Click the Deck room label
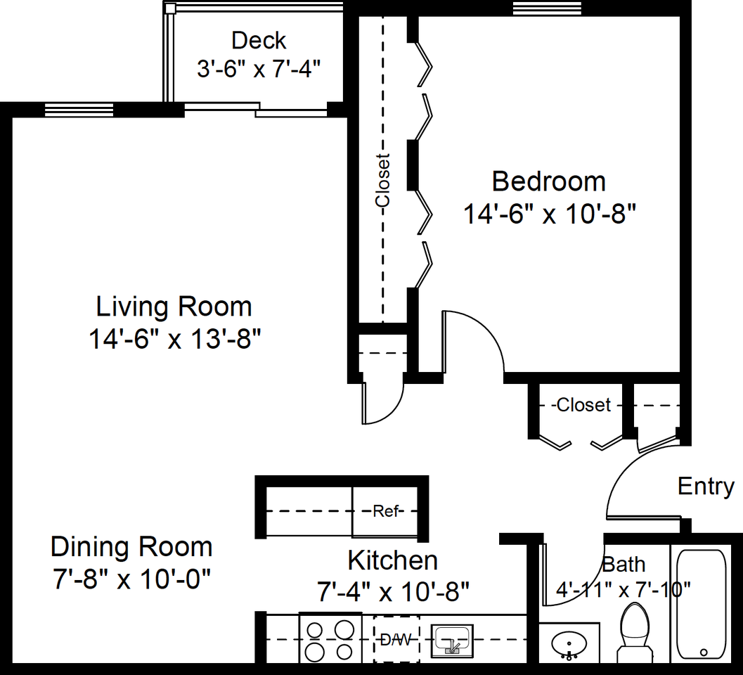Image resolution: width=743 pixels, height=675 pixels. point(259,41)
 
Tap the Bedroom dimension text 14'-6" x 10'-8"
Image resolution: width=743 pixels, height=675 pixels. point(549,214)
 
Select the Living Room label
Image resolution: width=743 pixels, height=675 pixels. point(174,307)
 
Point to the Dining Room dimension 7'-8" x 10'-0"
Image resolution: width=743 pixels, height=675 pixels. point(131,579)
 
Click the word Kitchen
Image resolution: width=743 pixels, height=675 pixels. point(393,561)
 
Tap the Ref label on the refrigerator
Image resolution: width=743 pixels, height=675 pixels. point(385,511)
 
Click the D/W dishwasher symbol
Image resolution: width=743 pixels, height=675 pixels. point(396,639)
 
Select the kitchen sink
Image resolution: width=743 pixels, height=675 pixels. point(452,641)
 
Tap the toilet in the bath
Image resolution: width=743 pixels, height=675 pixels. point(635,633)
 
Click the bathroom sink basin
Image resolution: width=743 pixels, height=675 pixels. point(569,644)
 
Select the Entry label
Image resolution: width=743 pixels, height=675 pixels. point(706,487)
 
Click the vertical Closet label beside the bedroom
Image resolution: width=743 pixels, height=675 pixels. point(382,180)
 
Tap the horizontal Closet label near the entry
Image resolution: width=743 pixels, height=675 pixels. point(583,405)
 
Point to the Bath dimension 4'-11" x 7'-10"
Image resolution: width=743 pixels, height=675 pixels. point(623,590)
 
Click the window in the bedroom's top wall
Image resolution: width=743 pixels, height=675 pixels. point(548,8)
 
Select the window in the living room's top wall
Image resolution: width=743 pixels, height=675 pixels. point(79,110)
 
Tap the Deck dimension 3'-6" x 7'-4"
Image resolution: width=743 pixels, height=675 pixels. point(259,69)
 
